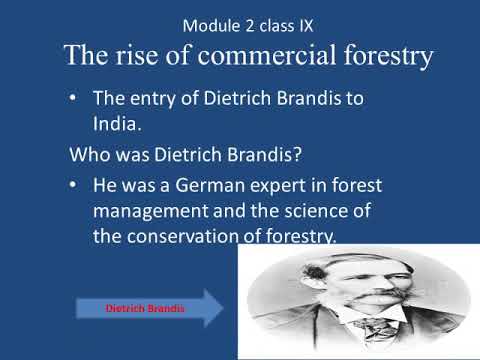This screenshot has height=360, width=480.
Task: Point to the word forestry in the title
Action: tap(381, 56)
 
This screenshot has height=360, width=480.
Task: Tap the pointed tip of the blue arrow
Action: tap(224, 309)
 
